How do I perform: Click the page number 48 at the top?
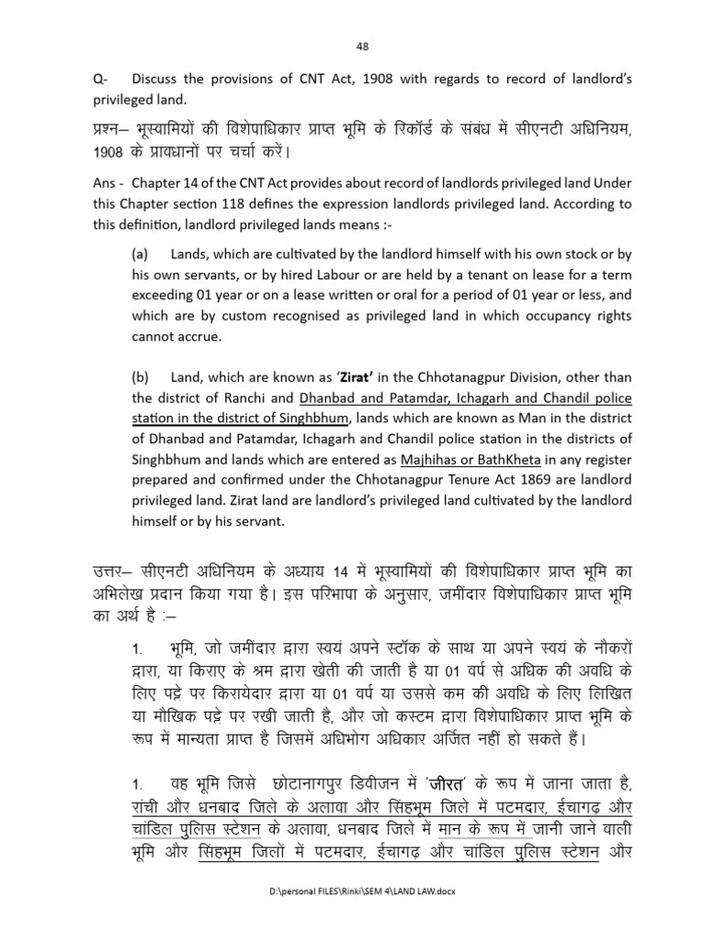pos(360,47)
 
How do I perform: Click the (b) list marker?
pos(138,377)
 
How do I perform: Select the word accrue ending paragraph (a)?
pos(197,335)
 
